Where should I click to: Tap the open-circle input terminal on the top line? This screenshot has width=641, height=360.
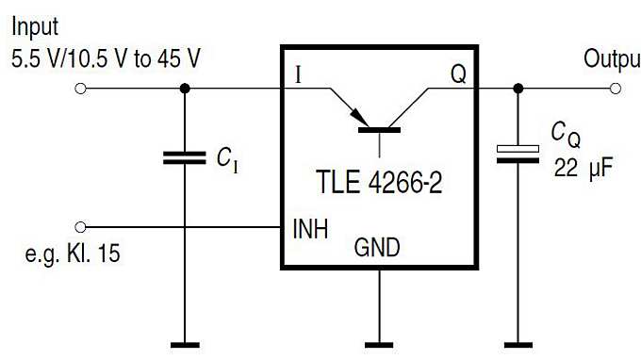coord(81,89)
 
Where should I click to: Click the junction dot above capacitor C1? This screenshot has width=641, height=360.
coord(185,89)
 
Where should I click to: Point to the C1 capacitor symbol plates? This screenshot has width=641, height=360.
coord(185,157)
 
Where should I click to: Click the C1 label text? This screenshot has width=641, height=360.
coord(227,159)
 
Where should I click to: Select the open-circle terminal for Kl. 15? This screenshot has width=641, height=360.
coord(81,227)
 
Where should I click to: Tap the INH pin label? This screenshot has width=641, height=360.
coord(309,228)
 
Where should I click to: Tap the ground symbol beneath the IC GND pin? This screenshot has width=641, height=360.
coord(378,342)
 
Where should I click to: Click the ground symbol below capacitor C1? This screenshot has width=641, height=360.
coord(185,342)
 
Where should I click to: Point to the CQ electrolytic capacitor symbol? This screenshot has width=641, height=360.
coord(518,154)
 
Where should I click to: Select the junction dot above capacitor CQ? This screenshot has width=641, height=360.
coord(518,89)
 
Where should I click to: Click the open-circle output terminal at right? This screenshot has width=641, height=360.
coord(616,89)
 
